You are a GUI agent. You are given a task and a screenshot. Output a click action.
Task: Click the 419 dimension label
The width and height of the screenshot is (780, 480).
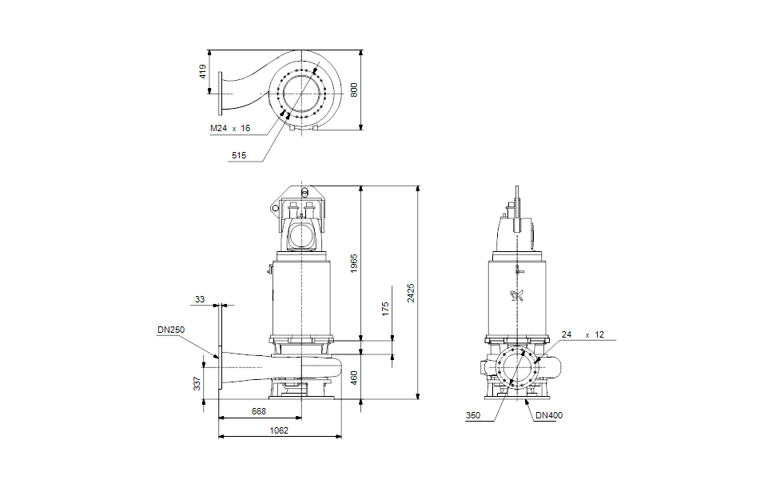point(202,71)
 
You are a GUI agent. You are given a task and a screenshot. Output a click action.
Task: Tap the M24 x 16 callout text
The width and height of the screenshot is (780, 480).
point(230,128)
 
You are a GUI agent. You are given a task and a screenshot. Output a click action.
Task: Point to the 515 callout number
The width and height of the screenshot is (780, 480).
point(238,156)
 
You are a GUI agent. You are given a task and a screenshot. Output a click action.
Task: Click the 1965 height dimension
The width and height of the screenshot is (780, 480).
point(355,263)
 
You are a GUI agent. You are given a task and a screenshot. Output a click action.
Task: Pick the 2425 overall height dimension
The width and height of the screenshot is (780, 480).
point(411,292)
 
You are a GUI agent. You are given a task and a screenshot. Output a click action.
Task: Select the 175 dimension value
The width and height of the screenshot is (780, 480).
point(385,310)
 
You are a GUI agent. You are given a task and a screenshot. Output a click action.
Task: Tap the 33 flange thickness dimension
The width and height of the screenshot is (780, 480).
point(199,299)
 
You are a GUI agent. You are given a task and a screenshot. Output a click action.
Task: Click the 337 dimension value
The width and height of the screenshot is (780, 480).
point(197,385)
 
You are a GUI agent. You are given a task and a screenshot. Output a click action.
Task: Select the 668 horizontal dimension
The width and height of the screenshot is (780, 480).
point(259,411)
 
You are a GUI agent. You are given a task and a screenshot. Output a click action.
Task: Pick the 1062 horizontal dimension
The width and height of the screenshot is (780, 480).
point(279,430)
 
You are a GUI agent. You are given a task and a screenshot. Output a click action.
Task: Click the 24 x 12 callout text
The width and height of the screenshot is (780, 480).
point(583,334)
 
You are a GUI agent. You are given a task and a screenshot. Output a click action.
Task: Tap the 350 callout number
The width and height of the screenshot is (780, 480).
point(474,415)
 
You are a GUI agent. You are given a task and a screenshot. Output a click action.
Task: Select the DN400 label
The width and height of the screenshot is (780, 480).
point(549,415)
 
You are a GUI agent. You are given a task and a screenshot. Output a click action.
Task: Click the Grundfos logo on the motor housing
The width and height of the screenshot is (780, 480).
point(515,295)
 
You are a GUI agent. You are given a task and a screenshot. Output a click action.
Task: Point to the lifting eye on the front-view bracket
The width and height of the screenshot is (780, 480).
point(276,208)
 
